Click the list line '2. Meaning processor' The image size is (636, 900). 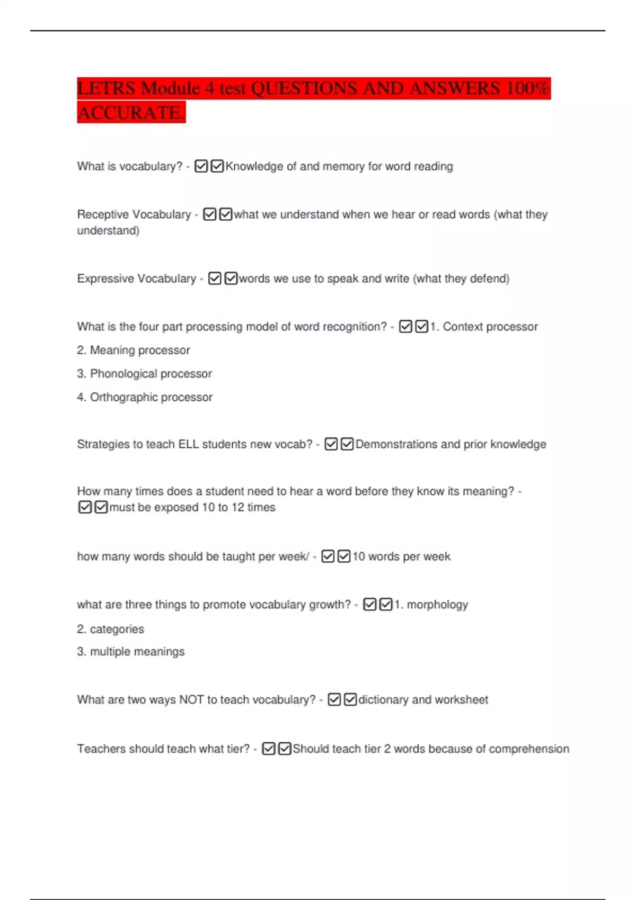pos(133,350)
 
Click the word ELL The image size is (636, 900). pos(188,444)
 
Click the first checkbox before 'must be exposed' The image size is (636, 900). pos(85,507)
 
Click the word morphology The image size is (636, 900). pos(437,605)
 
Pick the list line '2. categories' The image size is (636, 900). pos(110,629)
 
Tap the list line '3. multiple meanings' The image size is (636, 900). pos(130,652)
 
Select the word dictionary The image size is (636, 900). pos(384,700)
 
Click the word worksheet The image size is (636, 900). pos(462,700)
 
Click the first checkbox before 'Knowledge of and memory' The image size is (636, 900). pos(201,166)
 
